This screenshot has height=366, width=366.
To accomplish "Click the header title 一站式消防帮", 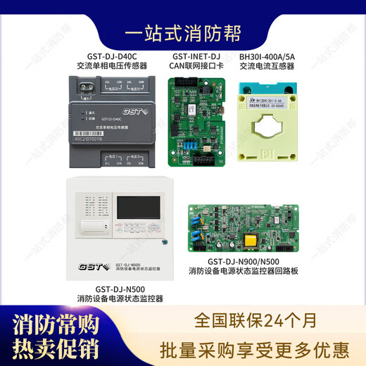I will pos(183,33).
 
